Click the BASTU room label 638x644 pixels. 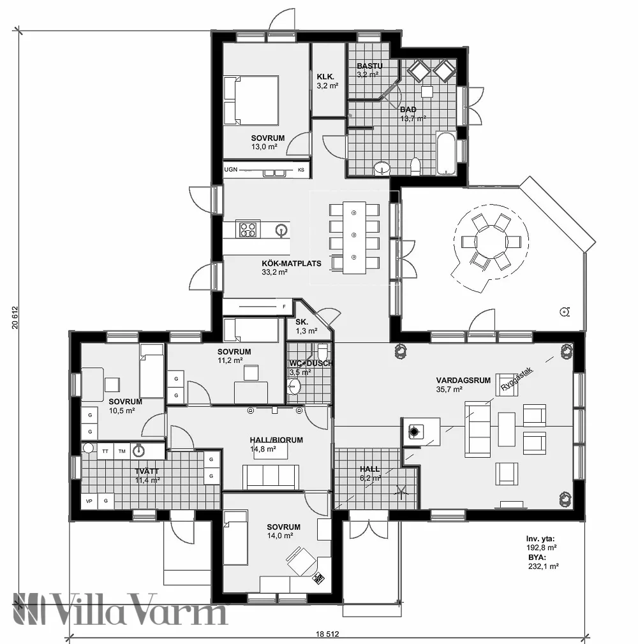click(x=369, y=66)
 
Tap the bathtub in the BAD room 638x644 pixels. click(x=446, y=154)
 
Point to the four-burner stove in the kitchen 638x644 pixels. click(x=248, y=228)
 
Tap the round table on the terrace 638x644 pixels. click(x=490, y=242)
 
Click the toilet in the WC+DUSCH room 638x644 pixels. click(x=323, y=352)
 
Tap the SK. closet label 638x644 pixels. click(x=301, y=322)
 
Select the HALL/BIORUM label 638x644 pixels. click(x=276, y=440)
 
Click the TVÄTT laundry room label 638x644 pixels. click(x=146, y=472)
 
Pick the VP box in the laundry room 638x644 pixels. click(x=89, y=501)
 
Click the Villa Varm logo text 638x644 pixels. click(x=121, y=610)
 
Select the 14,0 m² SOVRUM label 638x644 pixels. click(x=283, y=527)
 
